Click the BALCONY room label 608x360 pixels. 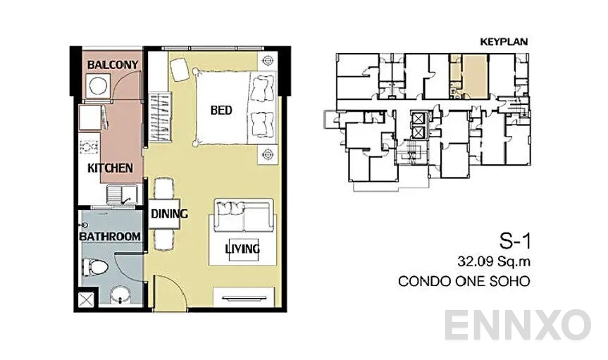click(x=112, y=66)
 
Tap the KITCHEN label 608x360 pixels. click(x=109, y=168)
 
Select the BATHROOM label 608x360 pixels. click(x=109, y=236)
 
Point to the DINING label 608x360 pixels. click(x=168, y=214)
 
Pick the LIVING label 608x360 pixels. click(x=242, y=249)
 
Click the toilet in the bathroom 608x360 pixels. click(x=94, y=268)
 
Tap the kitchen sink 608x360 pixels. click(x=120, y=195)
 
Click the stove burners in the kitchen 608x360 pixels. click(x=89, y=148)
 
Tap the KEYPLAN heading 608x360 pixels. click(x=504, y=42)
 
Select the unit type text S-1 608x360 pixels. click(x=514, y=242)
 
